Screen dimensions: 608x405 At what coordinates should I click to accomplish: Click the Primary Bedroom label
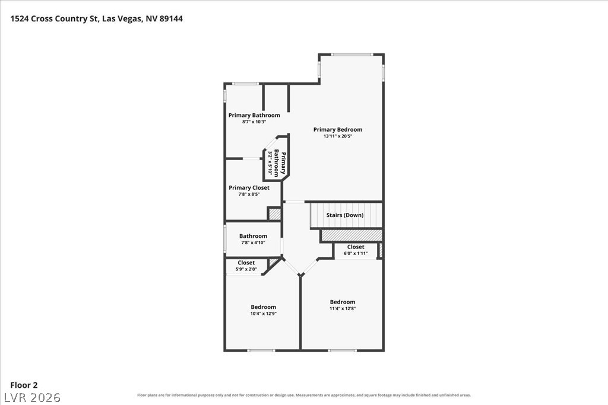338,130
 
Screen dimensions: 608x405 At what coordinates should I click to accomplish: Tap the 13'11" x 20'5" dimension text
338,136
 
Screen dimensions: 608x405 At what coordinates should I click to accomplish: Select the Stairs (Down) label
345,215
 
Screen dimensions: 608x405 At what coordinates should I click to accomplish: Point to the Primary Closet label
249,188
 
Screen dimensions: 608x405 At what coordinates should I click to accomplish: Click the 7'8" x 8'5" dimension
249,194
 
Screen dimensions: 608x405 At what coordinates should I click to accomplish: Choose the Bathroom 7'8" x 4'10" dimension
253,243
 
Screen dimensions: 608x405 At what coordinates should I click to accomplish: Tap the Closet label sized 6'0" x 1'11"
356,247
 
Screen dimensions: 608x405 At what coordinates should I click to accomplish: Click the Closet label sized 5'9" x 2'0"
246,263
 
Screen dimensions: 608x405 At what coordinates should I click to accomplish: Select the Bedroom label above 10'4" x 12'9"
263,307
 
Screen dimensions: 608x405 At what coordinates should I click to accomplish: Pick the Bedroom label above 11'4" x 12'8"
343,302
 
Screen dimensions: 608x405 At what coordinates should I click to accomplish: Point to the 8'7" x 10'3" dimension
254,122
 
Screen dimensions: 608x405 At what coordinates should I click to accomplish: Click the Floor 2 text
24,385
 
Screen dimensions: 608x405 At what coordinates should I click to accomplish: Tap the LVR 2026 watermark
33,398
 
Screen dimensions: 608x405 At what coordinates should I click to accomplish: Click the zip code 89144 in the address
171,18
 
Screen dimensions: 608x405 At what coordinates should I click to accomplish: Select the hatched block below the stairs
352,235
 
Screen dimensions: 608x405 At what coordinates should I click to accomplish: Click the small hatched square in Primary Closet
275,215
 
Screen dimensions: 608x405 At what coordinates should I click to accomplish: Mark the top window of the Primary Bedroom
352,55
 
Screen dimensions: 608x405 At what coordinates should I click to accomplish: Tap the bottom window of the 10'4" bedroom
261,351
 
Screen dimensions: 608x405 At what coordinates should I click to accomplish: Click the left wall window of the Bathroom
225,240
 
